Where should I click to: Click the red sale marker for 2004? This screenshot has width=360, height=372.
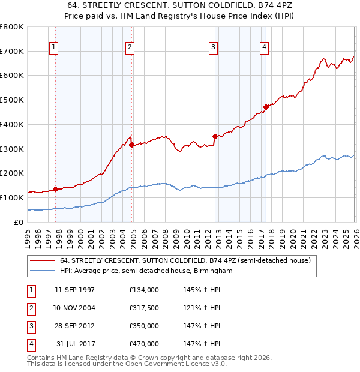(x=132, y=144)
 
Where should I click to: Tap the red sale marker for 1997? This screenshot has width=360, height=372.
(x=56, y=189)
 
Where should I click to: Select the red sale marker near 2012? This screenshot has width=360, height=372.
(x=215, y=136)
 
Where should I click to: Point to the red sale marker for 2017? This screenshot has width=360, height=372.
(x=266, y=107)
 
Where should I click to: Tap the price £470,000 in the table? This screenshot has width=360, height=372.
(x=144, y=344)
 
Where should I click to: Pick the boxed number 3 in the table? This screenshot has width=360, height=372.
(x=30, y=326)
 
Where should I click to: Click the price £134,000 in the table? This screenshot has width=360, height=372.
(x=144, y=290)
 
